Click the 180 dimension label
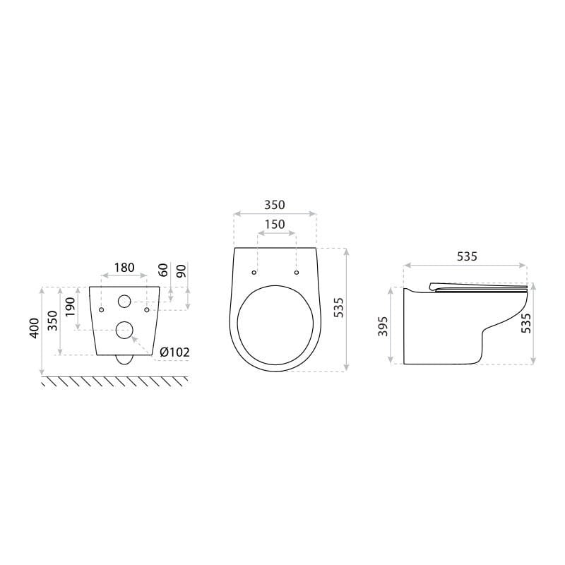click(124, 268)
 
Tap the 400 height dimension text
click(34, 328)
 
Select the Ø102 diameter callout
click(174, 352)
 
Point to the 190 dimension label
click(70, 307)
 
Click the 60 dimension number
click(163, 270)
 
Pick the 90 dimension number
click(182, 270)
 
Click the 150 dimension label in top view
click(275, 225)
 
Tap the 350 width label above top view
click(275, 205)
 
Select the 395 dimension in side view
click(383, 326)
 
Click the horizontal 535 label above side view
click(467, 256)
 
